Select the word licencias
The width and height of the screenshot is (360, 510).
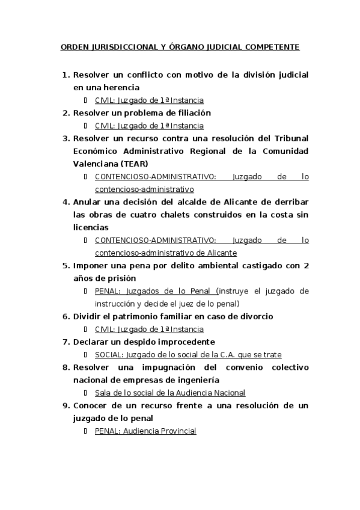(x=91, y=228)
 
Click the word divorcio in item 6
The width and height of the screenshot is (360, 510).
(x=254, y=316)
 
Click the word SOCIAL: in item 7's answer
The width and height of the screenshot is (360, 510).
(x=109, y=355)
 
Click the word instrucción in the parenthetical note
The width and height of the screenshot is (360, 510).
(x=115, y=304)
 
